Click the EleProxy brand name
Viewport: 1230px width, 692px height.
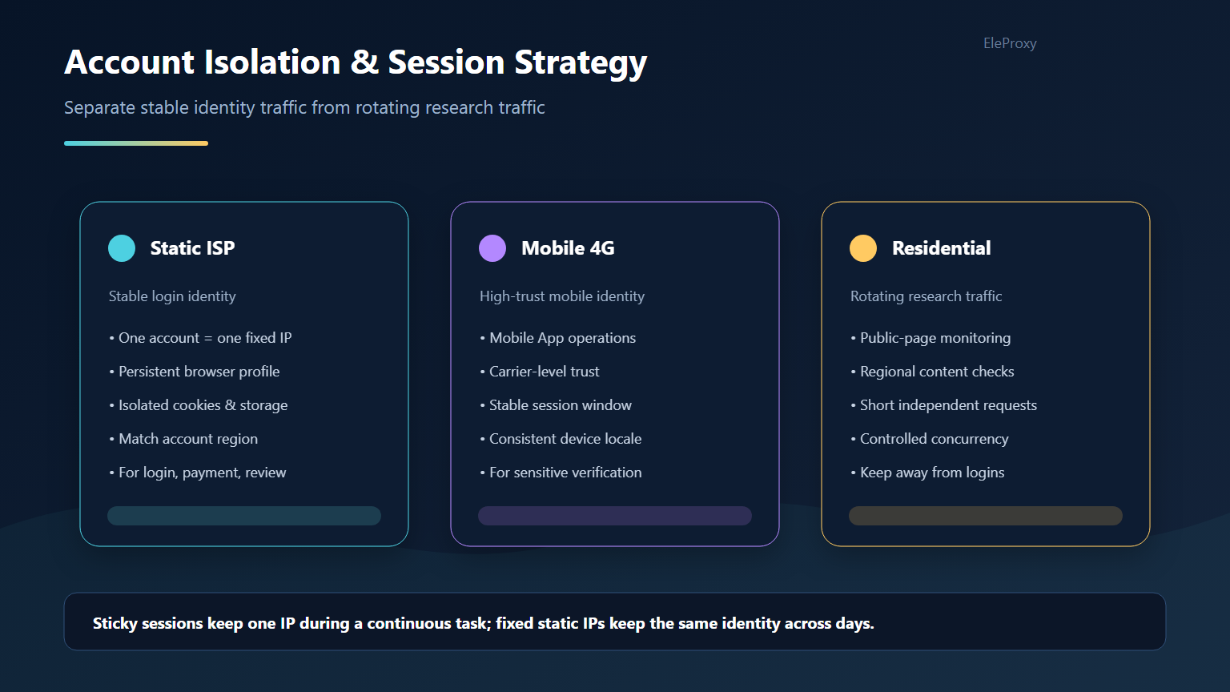pyautogui.click(x=1010, y=42)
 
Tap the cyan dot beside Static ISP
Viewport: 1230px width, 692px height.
pyautogui.click(x=122, y=248)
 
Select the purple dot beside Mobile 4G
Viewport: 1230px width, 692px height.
pyautogui.click(x=492, y=248)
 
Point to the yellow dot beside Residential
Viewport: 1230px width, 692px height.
pyautogui.click(x=862, y=248)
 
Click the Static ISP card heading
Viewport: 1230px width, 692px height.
pyautogui.click(x=192, y=248)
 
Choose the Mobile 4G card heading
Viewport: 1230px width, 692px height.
pyautogui.click(x=567, y=248)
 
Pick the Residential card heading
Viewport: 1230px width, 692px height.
pyautogui.click(x=941, y=248)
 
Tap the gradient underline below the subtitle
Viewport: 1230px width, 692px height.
pyautogui.click(x=136, y=143)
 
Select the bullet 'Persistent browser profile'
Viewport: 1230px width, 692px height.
pyautogui.click(x=195, y=372)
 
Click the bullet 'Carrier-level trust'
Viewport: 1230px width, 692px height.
pyautogui.click(x=539, y=372)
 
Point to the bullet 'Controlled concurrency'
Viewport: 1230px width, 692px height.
pyautogui.click(x=929, y=439)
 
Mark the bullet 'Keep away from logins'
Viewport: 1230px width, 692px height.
pyautogui.click(x=927, y=473)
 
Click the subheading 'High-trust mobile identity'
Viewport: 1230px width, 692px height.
pyautogui.click(x=561, y=296)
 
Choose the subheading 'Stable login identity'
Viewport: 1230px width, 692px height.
pyautogui.click(x=172, y=296)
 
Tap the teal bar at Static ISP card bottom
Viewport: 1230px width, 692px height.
pyautogui.click(x=243, y=516)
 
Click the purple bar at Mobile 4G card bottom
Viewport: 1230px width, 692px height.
pyautogui.click(x=614, y=516)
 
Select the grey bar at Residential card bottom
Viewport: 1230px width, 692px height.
pyautogui.click(x=985, y=516)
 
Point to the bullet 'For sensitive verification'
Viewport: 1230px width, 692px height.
pyautogui.click(x=561, y=473)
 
